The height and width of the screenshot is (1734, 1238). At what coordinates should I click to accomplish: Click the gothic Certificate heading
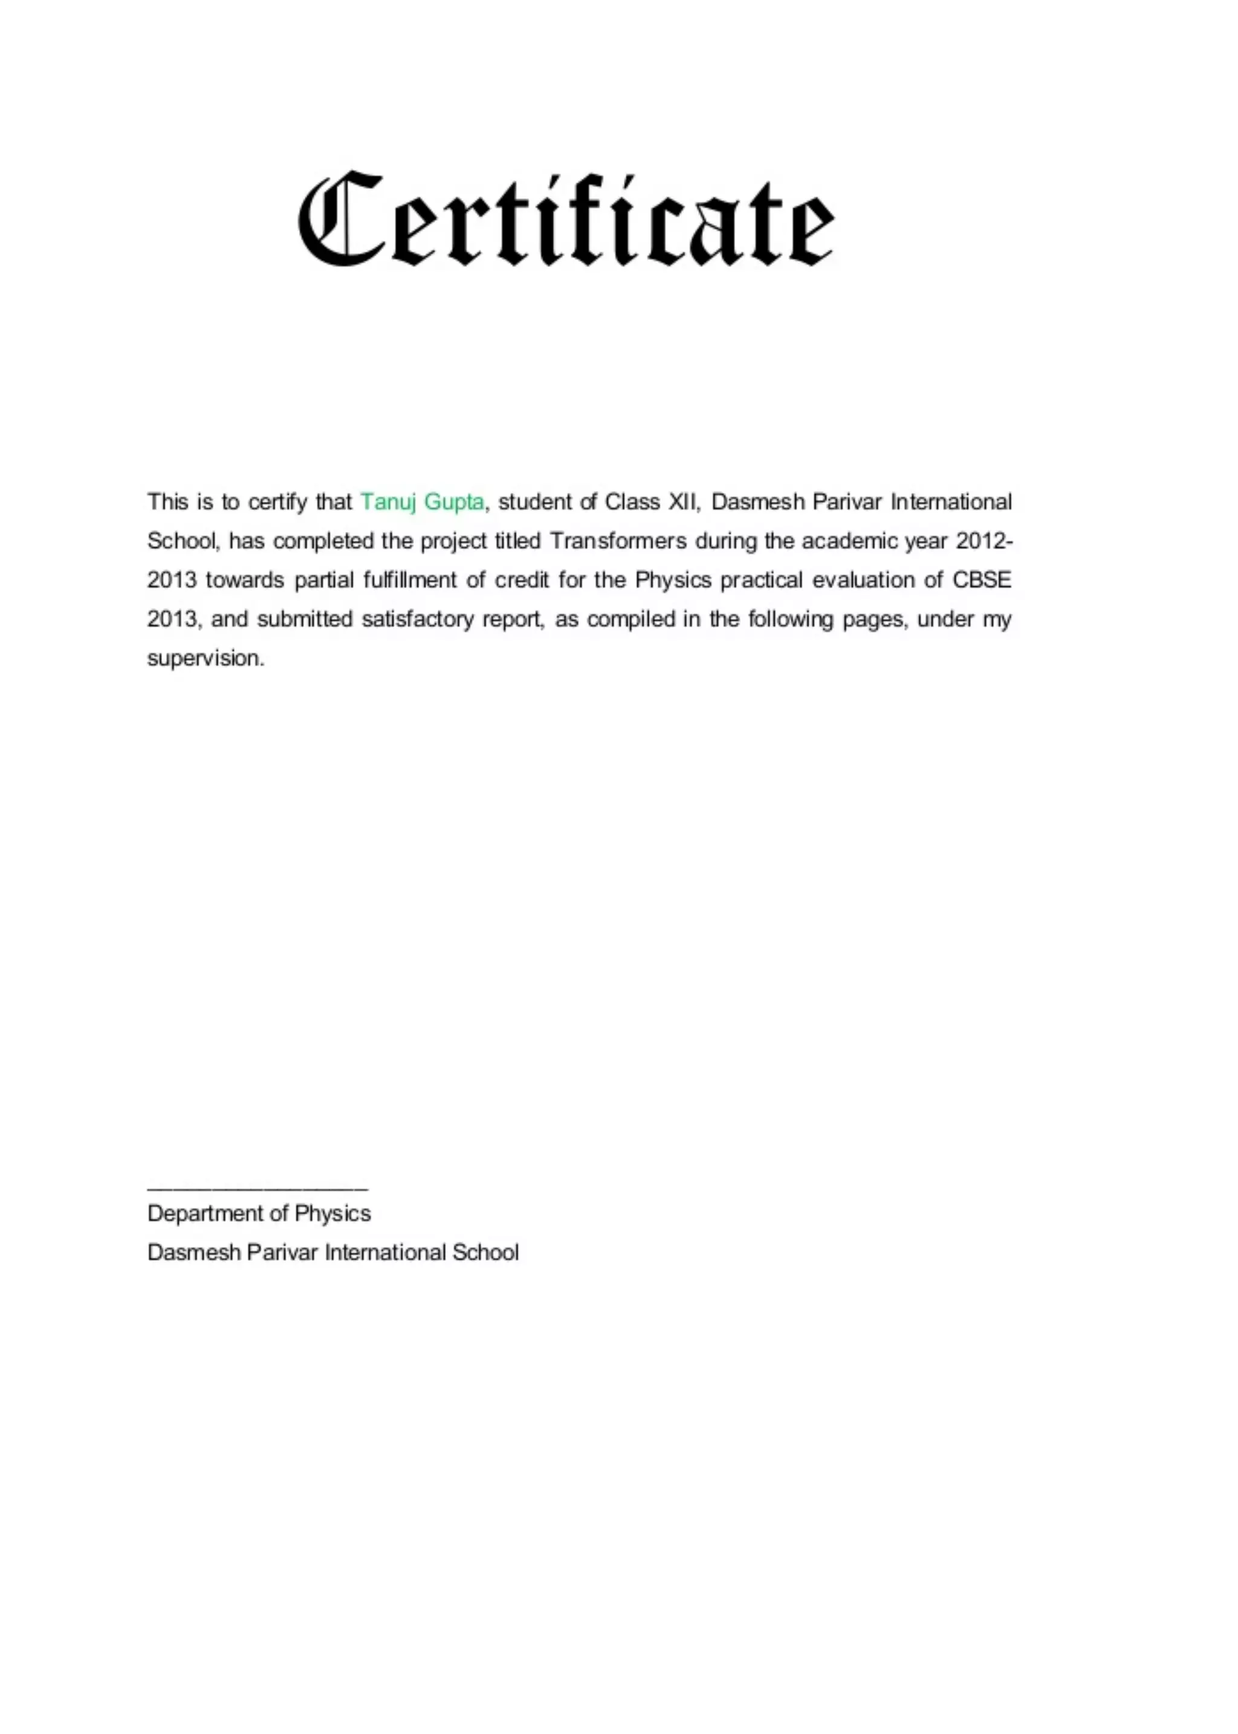566,219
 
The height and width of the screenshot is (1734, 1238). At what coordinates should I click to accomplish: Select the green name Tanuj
389,502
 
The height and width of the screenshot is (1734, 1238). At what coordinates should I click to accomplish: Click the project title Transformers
618,541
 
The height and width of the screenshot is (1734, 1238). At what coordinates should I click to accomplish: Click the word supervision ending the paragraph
206,658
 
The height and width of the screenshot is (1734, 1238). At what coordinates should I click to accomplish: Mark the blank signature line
258,1188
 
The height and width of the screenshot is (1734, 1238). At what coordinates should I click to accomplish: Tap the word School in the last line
485,1253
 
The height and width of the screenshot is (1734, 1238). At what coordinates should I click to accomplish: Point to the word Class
631,502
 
